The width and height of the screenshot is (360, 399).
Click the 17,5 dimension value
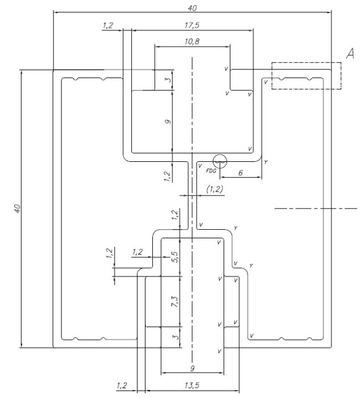(x=192, y=26)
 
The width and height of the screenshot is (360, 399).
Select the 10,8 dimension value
(x=192, y=41)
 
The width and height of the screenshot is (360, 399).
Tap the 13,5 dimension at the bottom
(x=192, y=385)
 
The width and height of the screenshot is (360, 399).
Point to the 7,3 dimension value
(x=176, y=302)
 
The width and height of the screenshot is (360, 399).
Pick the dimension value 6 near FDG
(x=241, y=173)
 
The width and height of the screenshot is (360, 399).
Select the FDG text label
(x=211, y=171)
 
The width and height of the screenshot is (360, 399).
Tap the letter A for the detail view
(x=350, y=54)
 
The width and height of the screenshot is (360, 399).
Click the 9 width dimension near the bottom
(x=192, y=368)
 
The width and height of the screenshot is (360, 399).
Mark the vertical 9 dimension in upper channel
(x=168, y=121)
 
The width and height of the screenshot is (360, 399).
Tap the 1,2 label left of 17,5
(x=108, y=26)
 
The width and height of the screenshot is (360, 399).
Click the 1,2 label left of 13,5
(x=122, y=385)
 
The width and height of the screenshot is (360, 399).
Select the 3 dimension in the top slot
(x=168, y=80)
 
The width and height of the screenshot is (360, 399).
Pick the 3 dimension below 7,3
(x=176, y=337)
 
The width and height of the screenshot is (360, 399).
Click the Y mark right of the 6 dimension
(x=266, y=162)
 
